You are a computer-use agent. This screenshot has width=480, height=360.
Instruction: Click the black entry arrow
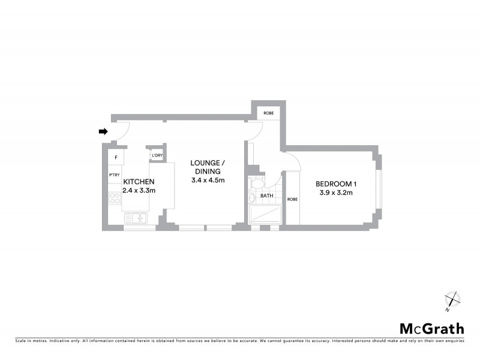click(x=103, y=131)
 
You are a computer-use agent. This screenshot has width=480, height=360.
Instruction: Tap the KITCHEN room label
click(x=139, y=182)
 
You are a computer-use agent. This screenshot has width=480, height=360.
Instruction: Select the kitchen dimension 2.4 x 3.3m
click(x=139, y=191)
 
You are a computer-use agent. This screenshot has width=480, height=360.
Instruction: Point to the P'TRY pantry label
click(x=114, y=175)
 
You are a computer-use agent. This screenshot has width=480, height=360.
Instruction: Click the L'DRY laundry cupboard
click(x=157, y=155)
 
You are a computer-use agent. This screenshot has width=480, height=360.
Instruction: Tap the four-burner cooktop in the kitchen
click(x=115, y=197)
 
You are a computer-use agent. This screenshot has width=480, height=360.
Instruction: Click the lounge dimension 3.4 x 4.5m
click(x=208, y=180)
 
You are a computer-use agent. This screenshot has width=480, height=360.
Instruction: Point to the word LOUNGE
click(x=208, y=163)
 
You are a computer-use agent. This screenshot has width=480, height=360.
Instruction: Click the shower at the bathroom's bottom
click(x=265, y=215)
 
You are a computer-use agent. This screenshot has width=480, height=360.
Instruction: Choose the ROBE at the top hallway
click(x=268, y=113)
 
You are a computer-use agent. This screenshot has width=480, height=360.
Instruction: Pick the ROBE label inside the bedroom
click(x=292, y=199)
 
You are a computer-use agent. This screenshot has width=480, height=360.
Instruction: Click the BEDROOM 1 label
click(x=334, y=184)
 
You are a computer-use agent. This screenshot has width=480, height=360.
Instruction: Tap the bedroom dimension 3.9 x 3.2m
click(x=334, y=193)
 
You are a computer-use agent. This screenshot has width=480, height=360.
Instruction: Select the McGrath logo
click(x=432, y=328)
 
